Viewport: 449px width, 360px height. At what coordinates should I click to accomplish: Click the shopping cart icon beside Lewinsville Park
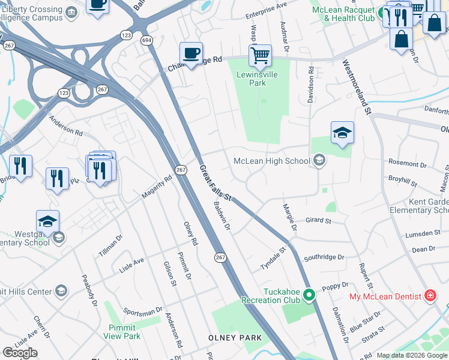pos(260,56)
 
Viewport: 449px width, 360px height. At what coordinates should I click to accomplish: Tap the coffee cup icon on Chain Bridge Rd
pos(191,53)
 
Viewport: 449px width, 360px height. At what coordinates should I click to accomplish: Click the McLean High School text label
pos(271,160)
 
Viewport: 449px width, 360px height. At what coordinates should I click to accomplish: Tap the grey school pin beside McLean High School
pos(319,160)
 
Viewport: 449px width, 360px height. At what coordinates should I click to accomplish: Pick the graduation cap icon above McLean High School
pos(342,133)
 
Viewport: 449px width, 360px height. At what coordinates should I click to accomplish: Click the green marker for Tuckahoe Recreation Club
pos(309,294)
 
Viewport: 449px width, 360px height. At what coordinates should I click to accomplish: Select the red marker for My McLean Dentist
pos(430,295)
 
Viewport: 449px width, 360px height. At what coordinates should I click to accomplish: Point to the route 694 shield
pos(146,40)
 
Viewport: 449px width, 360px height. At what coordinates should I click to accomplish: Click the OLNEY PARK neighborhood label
pos(235,338)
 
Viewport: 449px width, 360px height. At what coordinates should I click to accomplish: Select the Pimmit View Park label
pos(124,332)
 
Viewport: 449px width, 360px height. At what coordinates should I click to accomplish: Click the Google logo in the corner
pos(20,353)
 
